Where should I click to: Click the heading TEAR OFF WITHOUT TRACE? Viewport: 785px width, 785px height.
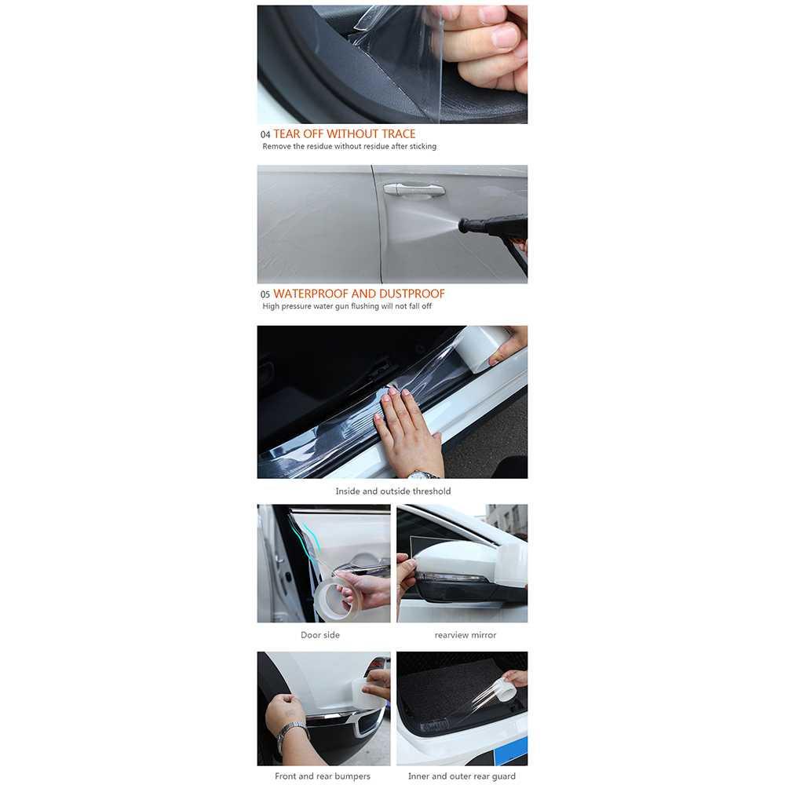click(x=344, y=134)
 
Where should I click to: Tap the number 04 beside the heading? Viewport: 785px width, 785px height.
click(x=265, y=135)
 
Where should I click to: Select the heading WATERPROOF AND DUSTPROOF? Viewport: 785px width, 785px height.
click(x=359, y=294)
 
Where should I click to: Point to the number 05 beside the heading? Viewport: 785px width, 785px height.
click(x=265, y=294)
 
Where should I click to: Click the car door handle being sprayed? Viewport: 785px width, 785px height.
click(x=414, y=189)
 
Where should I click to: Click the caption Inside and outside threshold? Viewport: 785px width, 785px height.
click(x=392, y=491)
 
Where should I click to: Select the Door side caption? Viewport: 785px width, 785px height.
click(x=320, y=635)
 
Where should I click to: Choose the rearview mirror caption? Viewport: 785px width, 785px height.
click(x=466, y=635)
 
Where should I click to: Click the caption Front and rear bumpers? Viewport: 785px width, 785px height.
click(x=323, y=776)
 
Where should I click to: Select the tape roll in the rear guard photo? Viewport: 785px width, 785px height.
click(x=502, y=692)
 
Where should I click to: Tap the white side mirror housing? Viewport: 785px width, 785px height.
click(x=455, y=561)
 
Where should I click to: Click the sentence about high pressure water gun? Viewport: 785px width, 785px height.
click(x=347, y=306)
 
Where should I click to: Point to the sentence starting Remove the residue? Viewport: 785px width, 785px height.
click(x=349, y=147)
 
